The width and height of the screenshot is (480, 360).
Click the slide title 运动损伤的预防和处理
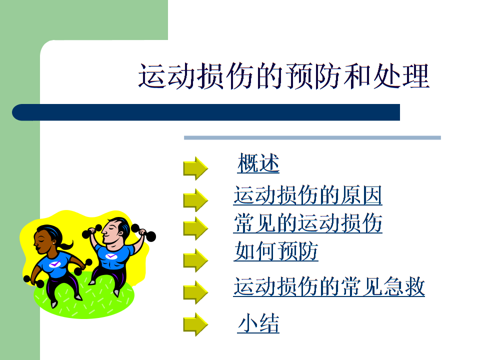(x=283, y=77)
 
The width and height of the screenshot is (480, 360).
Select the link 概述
(x=258, y=163)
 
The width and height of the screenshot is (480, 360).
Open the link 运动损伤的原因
(x=307, y=195)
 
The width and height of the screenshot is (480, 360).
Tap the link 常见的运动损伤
(x=307, y=223)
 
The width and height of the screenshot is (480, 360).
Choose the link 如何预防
(x=276, y=251)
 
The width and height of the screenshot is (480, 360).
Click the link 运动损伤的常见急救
(x=329, y=287)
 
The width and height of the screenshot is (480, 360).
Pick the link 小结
(x=258, y=324)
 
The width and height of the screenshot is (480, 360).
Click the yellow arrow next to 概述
(x=195, y=168)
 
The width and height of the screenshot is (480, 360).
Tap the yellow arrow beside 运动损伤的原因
(x=195, y=200)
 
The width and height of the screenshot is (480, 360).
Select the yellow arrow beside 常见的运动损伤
(x=195, y=228)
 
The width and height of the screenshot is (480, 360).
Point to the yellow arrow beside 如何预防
(x=195, y=260)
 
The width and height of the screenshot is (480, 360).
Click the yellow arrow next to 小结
(x=195, y=324)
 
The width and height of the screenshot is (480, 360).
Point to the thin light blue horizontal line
(x=312, y=137)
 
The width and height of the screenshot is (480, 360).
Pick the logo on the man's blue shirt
(x=110, y=256)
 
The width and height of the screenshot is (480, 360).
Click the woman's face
(x=42, y=241)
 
